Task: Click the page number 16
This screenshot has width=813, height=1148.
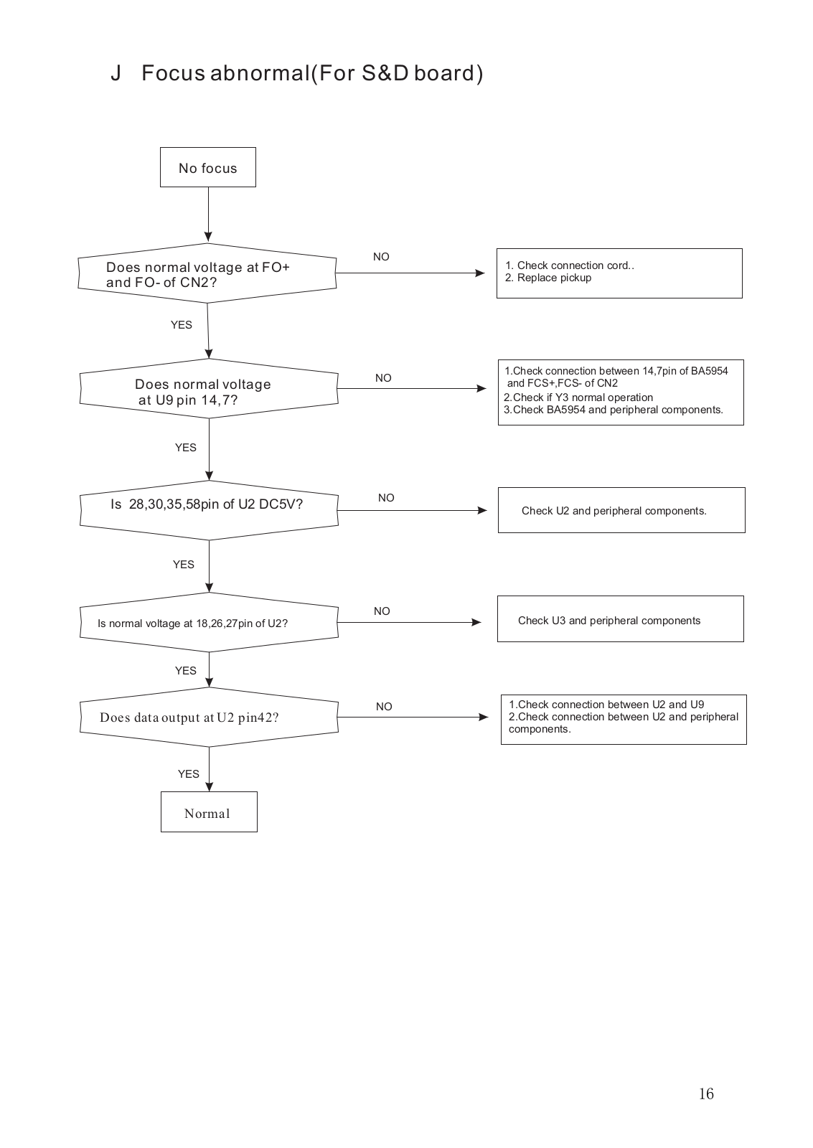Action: [x=706, y=1093]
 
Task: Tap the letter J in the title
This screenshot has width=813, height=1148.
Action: [x=116, y=73]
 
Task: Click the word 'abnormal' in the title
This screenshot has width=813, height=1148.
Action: [x=260, y=73]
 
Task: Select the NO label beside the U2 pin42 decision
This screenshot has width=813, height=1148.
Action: [x=384, y=706]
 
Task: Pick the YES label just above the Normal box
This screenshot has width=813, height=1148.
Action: [x=188, y=774]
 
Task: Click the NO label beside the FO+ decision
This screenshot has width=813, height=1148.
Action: [x=381, y=256]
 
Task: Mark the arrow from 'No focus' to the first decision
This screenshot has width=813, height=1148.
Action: [x=208, y=215]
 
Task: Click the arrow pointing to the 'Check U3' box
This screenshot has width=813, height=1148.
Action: [x=410, y=622]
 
